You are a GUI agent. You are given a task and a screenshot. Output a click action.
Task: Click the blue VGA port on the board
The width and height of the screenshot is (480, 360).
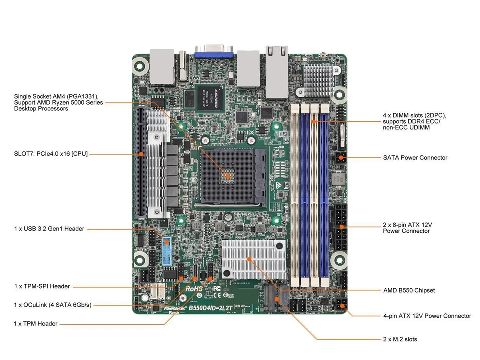[214, 52]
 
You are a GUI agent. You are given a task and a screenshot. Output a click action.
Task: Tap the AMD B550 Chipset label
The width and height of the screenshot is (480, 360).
[409, 290]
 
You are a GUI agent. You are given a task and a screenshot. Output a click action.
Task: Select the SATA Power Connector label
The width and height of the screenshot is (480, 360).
[415, 158]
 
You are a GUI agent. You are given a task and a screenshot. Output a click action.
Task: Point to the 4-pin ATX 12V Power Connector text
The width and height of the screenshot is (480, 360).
[427, 316]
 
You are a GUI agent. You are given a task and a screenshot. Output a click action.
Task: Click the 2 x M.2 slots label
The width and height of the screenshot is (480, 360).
[400, 339]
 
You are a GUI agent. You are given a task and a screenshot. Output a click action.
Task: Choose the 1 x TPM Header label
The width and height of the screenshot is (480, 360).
[36, 324]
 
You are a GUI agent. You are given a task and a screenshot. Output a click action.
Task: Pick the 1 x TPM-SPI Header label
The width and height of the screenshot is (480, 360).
[42, 286]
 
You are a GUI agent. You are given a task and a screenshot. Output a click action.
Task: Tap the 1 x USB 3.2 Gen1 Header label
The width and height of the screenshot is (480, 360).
[49, 229]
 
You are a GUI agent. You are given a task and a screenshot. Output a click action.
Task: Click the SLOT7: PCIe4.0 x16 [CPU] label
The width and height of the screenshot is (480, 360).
[51, 154]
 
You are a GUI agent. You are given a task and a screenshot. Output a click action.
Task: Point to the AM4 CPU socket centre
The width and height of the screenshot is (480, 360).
[227, 175]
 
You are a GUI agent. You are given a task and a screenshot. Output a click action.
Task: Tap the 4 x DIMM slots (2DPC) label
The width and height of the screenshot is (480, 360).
[414, 121]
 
